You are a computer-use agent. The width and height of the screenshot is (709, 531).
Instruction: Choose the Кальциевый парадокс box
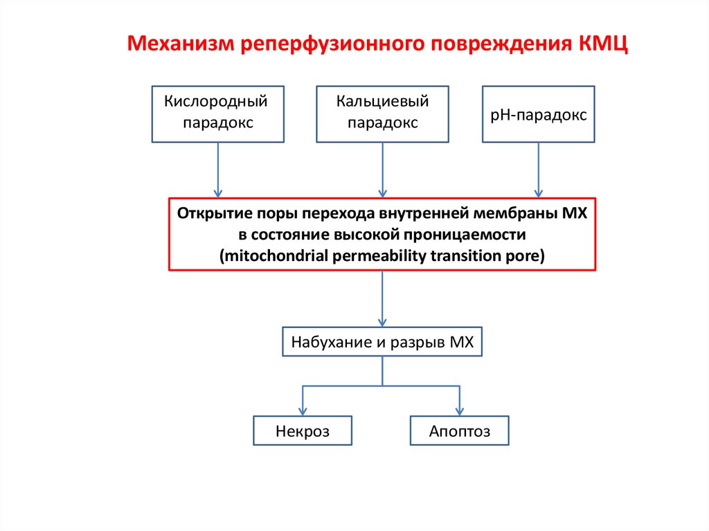pyautogui.click(x=382, y=114)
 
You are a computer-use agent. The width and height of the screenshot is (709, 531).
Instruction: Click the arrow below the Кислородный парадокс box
pyautogui.click(x=219, y=170)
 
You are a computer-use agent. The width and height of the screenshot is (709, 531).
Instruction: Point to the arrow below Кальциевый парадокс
pyautogui.click(x=382, y=170)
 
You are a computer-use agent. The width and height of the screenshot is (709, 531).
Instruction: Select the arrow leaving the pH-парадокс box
pyautogui.click(x=537, y=170)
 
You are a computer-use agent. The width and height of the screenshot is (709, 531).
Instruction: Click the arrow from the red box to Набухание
pyautogui.click(x=382, y=298)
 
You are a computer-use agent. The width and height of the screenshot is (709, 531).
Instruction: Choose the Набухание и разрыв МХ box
pyautogui.click(x=382, y=342)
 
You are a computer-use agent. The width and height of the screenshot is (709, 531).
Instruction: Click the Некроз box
pyautogui.click(x=303, y=431)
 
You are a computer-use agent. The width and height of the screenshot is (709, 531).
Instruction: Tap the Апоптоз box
pyautogui.click(x=460, y=431)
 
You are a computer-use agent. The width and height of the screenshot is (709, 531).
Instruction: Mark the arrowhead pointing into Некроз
pyautogui.click(x=303, y=411)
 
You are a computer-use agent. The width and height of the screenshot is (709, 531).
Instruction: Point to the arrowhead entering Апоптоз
pyautogui.click(x=460, y=411)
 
